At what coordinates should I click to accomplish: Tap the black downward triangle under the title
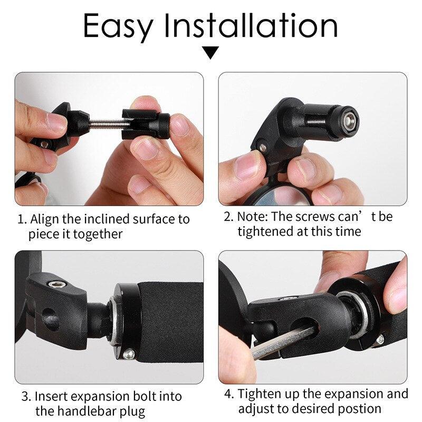211,52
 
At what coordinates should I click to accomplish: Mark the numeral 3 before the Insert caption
25,396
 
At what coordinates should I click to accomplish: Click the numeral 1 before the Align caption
21,219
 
